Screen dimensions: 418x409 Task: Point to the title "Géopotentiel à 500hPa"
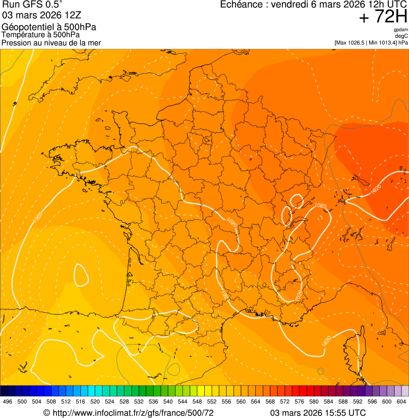49,27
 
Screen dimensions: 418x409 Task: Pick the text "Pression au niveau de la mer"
51,43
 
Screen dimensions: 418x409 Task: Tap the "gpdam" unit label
401,30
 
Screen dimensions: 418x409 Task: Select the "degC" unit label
402,36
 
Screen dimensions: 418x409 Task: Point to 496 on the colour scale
7,402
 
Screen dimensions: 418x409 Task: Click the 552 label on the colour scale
212,402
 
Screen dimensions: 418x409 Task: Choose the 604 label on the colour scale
402,402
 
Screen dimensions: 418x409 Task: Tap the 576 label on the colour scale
299,402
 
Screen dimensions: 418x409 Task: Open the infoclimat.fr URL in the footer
128,413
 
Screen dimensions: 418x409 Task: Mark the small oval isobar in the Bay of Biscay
81,274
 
